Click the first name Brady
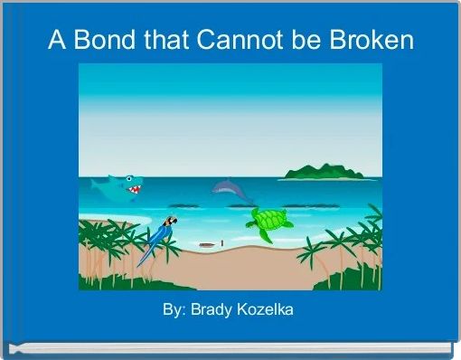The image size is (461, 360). [210, 311]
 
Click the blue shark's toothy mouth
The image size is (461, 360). [134, 190]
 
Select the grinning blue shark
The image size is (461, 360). [119, 187]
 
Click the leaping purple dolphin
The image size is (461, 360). [231, 188]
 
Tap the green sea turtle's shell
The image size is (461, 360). [269, 220]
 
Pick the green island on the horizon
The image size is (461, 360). [324, 170]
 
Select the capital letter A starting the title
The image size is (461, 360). [55, 41]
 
